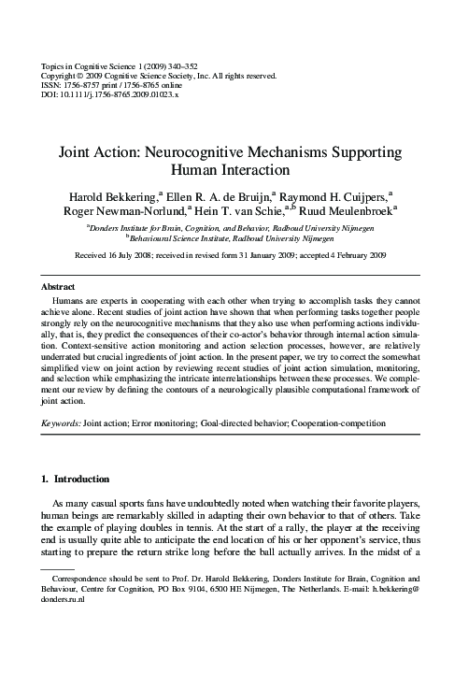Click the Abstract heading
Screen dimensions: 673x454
59,285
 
